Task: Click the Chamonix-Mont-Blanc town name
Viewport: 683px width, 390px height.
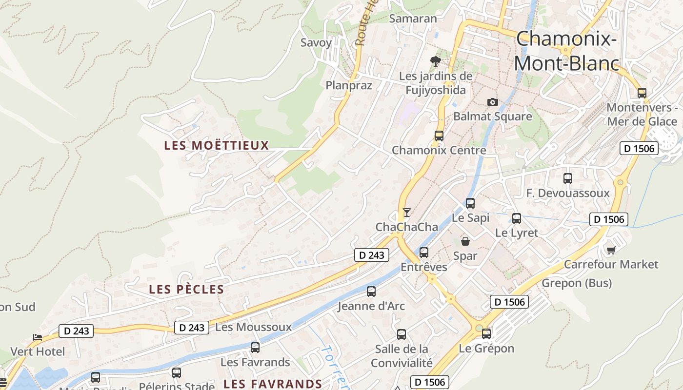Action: click(x=566, y=51)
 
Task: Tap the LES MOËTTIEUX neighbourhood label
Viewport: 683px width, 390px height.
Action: click(x=217, y=145)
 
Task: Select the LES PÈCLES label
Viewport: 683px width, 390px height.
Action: click(x=186, y=289)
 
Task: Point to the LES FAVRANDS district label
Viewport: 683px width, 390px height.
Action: click(x=273, y=384)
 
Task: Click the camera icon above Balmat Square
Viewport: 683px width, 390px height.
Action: click(x=493, y=102)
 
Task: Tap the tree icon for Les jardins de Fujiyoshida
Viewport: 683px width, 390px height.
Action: click(x=436, y=61)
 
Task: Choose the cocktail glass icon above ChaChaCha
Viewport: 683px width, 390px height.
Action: click(x=407, y=213)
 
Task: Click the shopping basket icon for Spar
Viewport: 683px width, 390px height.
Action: click(x=465, y=241)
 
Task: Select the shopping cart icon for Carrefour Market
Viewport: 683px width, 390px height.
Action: click(x=611, y=250)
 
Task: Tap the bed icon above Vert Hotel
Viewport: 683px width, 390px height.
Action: click(x=38, y=337)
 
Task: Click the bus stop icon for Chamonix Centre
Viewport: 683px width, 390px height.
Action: click(x=439, y=136)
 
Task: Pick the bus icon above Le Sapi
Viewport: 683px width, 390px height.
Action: click(x=470, y=203)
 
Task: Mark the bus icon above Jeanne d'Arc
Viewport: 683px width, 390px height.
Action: click(x=371, y=292)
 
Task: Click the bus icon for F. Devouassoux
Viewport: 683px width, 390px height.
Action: click(x=568, y=178)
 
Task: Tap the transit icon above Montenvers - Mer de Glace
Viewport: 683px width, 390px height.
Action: click(x=642, y=93)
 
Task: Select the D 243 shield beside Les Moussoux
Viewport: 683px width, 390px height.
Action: click(x=192, y=328)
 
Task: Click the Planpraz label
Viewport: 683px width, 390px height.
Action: click(x=349, y=86)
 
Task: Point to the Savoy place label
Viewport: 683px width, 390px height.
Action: click(x=316, y=42)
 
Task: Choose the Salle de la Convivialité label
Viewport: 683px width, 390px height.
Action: click(x=402, y=356)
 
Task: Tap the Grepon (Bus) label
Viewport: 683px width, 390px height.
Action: click(x=577, y=283)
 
